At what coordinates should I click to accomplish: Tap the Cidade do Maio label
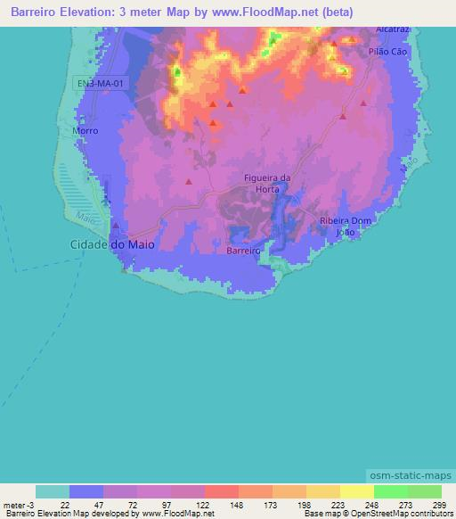[x=106, y=243]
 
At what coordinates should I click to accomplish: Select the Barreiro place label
[x=243, y=251]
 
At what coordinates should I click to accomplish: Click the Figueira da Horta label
[x=267, y=183]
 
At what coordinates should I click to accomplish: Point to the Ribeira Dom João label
[x=344, y=226]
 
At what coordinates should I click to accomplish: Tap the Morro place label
[x=85, y=130]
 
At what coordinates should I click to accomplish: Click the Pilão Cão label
[x=387, y=53]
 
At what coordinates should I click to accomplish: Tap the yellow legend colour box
[x=356, y=491]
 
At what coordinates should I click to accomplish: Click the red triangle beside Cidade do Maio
[x=116, y=227]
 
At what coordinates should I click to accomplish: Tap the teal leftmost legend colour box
[x=53, y=491]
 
